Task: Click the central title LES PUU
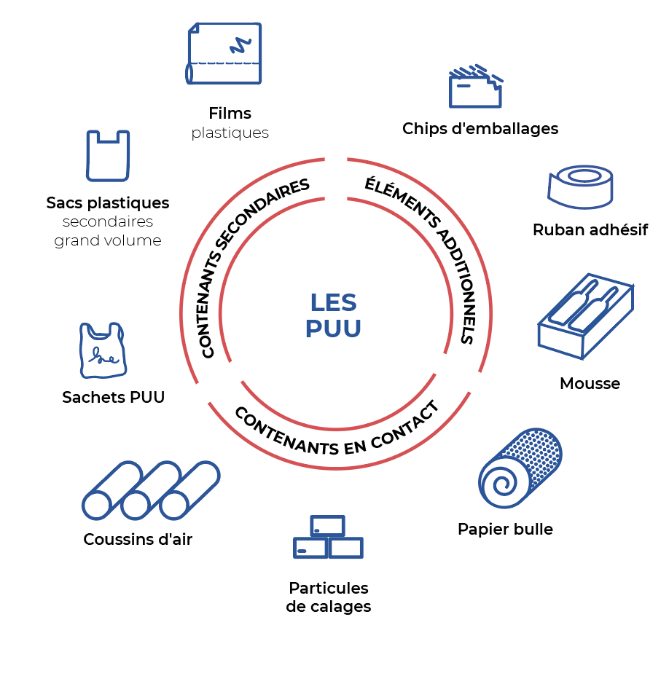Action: click(333, 315)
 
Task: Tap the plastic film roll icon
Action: click(224, 53)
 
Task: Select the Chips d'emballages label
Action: click(480, 129)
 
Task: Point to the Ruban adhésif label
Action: click(590, 230)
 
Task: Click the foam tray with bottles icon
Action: click(585, 315)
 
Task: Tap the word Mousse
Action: click(590, 383)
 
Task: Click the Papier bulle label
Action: click(505, 529)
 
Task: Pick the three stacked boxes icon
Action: click(328, 538)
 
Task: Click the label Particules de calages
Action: click(329, 597)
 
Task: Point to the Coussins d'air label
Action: click(138, 540)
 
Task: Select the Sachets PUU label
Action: click(114, 397)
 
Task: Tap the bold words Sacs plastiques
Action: click(108, 203)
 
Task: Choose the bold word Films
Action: click(230, 114)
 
